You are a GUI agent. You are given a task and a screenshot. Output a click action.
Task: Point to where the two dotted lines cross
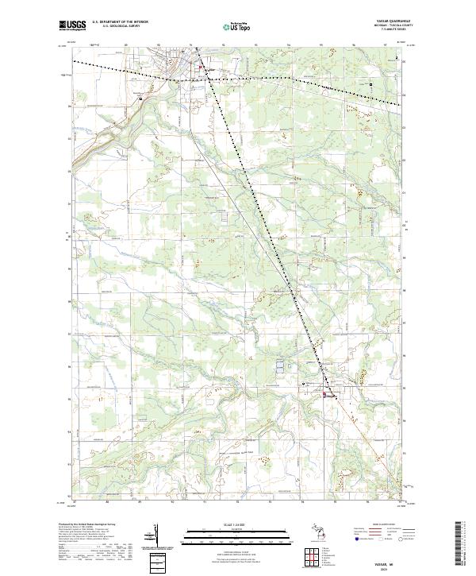tap(200, 63)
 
